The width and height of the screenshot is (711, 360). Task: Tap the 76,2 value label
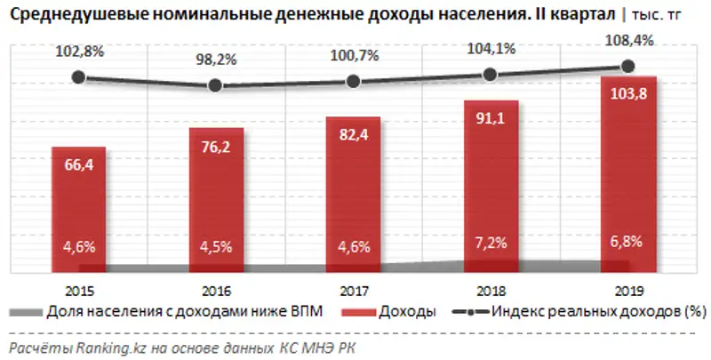(x=215, y=148)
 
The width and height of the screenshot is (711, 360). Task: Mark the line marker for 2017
(x=353, y=81)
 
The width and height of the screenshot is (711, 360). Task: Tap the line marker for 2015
(x=78, y=77)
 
